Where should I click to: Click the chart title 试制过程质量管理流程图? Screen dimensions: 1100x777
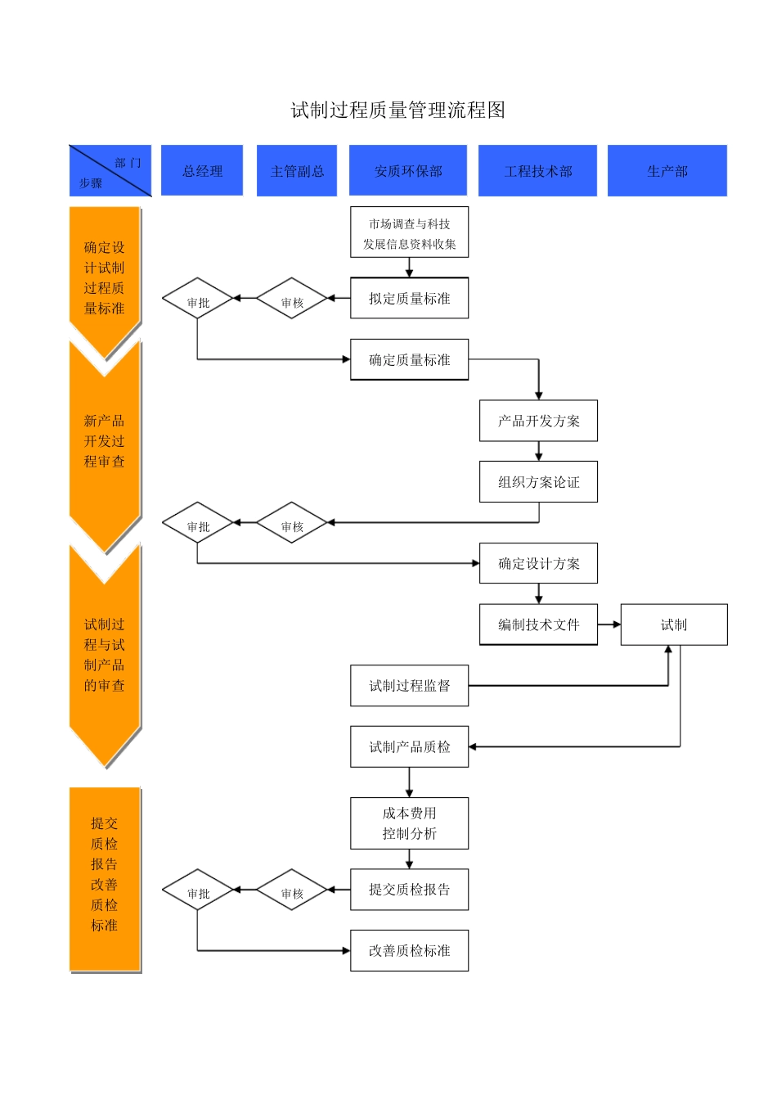pos(397,110)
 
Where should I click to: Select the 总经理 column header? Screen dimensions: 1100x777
pos(202,171)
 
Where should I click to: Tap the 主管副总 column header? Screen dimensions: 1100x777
pos(297,171)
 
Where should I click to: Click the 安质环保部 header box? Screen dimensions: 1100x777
pos(408,171)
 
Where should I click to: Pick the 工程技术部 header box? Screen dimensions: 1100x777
pos(537,171)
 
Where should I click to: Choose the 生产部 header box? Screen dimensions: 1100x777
pos(667,171)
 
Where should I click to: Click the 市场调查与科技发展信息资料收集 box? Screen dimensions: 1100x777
pos(409,233)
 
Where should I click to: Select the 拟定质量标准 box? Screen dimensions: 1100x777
pos(409,299)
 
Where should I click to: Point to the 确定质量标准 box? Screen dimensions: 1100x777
pos(409,360)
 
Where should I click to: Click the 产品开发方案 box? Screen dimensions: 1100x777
pos(538,421)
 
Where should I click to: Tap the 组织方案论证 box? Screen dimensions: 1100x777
pos(538,482)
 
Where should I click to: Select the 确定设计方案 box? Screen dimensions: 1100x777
pos(538,563)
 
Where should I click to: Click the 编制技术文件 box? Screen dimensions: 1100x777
pos(538,624)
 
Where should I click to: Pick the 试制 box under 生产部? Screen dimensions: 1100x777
pos(673,624)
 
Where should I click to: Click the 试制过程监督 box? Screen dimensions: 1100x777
pos(409,686)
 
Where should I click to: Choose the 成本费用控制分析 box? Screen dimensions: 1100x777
pos(409,823)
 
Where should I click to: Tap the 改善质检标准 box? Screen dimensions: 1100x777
pos(409,950)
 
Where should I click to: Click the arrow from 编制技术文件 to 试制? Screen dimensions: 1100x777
pos(609,624)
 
